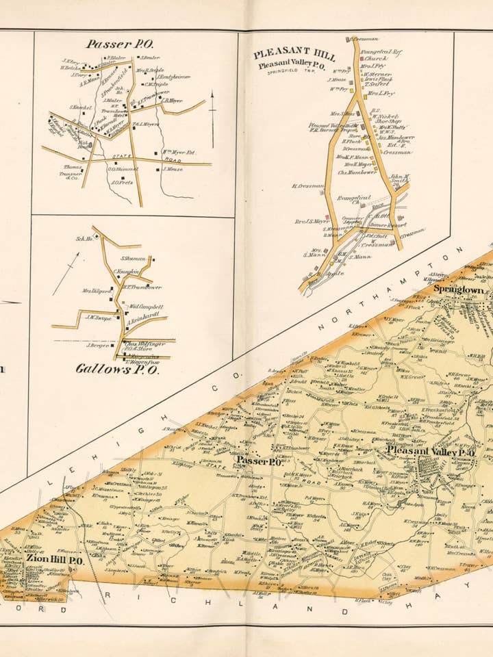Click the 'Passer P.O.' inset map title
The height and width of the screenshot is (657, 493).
(x=118, y=44)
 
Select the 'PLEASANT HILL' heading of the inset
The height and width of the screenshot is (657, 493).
(x=294, y=54)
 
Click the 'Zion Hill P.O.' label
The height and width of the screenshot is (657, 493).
(x=55, y=560)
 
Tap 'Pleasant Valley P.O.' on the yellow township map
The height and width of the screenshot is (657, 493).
(x=431, y=453)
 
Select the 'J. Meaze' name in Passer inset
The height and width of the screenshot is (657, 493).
(x=173, y=168)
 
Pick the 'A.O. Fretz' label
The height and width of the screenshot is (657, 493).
(x=121, y=182)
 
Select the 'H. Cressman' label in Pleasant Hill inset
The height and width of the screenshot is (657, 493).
(x=307, y=185)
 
